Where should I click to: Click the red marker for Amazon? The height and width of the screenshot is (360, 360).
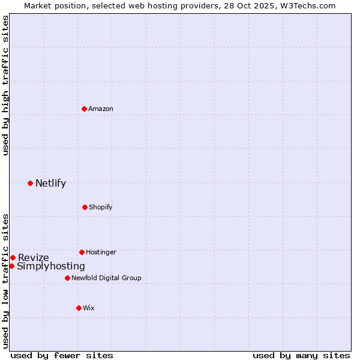(x=85, y=109)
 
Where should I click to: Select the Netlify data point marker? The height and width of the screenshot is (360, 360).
(x=30, y=183)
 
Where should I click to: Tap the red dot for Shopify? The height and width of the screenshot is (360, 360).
(x=85, y=207)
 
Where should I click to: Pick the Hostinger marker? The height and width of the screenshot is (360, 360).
(x=82, y=252)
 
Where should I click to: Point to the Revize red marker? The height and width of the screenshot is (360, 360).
(x=13, y=257)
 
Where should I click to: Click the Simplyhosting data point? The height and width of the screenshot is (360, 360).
(x=11, y=266)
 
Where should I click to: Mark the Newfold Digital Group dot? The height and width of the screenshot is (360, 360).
(x=67, y=278)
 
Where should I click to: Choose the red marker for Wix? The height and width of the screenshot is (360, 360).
(x=79, y=308)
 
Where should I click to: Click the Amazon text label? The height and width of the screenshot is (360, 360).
(x=101, y=109)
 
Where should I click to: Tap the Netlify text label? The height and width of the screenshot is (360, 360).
(x=50, y=184)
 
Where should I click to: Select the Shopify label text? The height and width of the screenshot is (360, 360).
(x=101, y=207)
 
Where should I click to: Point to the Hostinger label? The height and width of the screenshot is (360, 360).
(x=101, y=252)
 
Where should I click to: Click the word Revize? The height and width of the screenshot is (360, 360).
(x=34, y=258)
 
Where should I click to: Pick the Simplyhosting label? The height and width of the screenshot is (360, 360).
(x=51, y=266)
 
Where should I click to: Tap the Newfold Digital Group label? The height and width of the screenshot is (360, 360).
(x=106, y=278)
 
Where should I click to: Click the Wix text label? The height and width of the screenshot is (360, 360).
(x=89, y=308)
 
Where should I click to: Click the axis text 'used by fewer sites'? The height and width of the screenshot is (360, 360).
(x=62, y=355)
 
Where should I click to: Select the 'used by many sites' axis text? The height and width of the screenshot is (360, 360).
(x=301, y=355)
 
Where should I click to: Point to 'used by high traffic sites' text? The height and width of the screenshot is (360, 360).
(x=5, y=85)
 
